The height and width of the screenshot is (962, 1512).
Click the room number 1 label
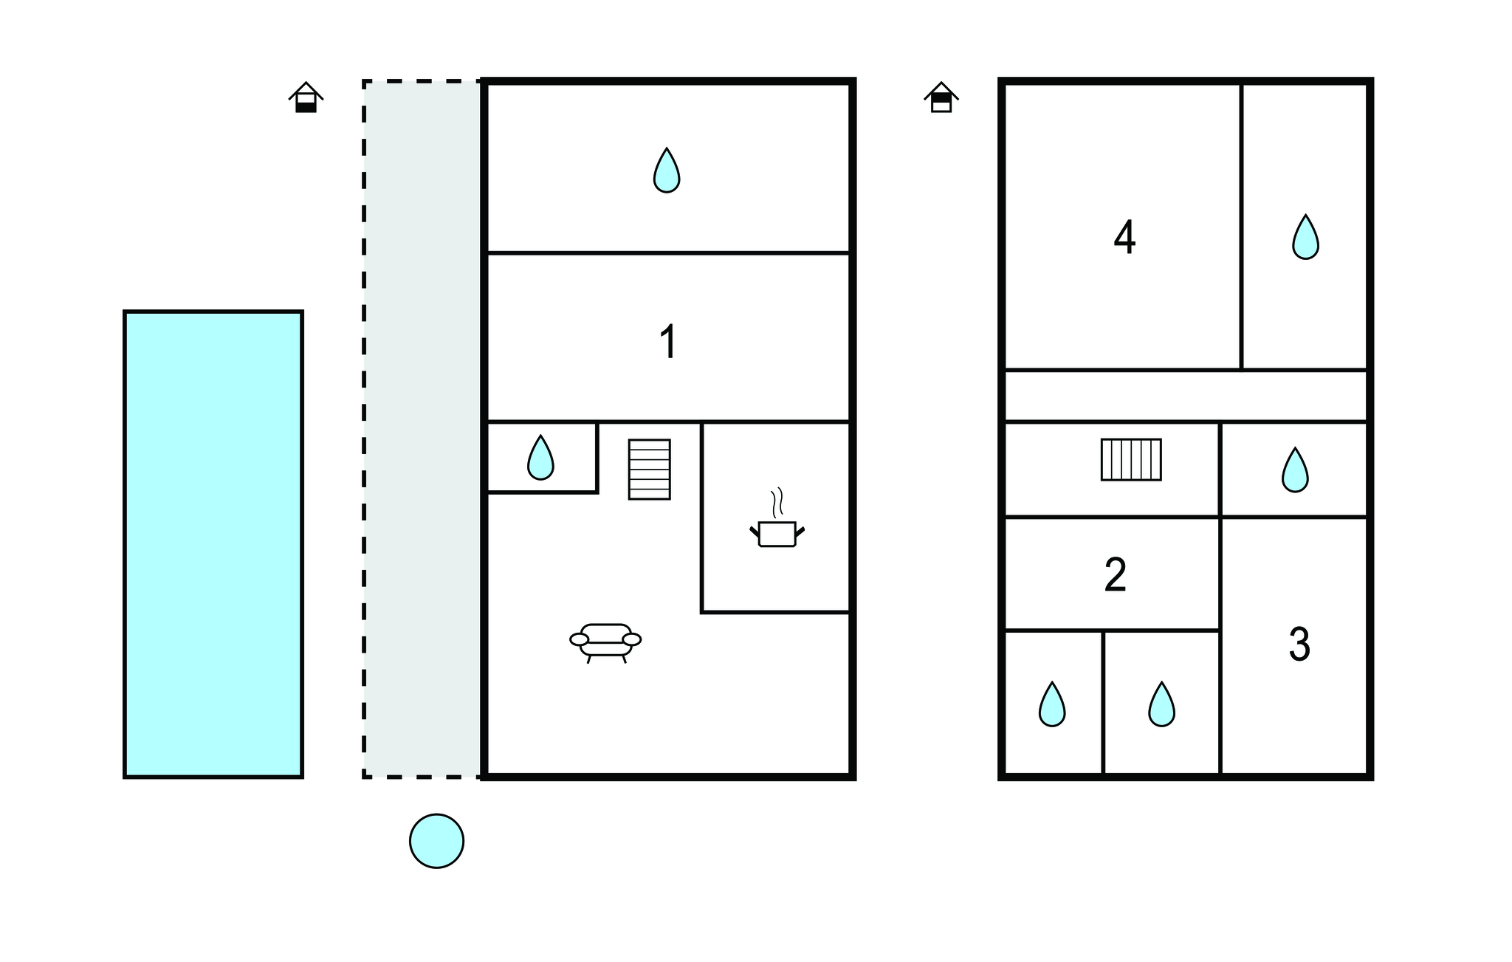point(668,342)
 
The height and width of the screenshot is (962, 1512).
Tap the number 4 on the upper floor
point(1124,238)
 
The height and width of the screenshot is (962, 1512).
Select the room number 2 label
point(1116,574)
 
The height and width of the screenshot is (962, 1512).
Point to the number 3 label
point(1299,644)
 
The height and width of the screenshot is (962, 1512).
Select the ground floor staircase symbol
point(650,470)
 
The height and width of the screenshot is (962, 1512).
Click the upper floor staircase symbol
point(1131,459)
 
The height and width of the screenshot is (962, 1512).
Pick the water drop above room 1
point(667,171)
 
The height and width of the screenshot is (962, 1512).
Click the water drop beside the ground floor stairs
point(540,458)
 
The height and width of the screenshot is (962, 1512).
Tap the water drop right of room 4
point(1305,237)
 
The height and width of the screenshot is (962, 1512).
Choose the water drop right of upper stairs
point(1295,470)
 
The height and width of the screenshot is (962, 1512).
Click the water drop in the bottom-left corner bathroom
point(1052,704)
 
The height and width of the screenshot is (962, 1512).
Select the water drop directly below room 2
point(1161,704)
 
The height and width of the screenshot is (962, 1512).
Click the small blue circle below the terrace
point(436,841)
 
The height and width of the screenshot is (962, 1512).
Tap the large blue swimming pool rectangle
point(213,544)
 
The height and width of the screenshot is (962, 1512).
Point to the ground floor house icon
point(306,97)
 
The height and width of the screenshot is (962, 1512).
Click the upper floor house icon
point(941,97)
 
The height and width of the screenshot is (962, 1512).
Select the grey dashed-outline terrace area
point(422,429)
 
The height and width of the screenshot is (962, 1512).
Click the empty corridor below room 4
point(1186,396)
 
